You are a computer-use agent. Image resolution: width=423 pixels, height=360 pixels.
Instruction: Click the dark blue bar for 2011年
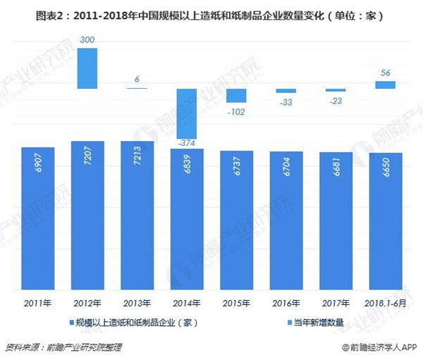tap(38, 218)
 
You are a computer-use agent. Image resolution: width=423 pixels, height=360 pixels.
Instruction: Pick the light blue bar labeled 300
tap(87, 68)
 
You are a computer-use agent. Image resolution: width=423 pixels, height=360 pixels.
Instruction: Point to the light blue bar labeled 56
tap(384, 85)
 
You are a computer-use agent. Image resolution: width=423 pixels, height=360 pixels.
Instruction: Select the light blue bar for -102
tap(235, 96)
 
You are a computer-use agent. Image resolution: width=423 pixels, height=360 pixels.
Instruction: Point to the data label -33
tap(286, 102)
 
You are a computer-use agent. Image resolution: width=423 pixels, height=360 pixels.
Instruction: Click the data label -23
tap(335, 101)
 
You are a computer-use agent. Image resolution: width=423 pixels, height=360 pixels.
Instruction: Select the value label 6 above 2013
tap(137, 79)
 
